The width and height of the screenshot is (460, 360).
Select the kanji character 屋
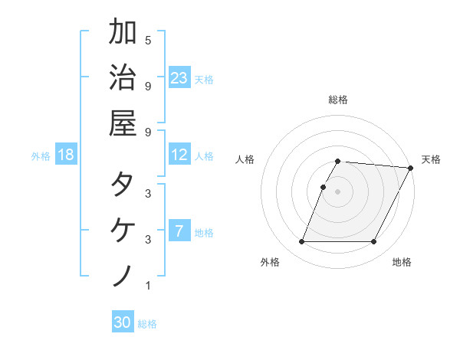[x=123, y=122]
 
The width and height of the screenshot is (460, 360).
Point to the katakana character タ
[x=123, y=185]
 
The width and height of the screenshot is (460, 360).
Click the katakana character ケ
[x=123, y=230]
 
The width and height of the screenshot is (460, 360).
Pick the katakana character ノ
[x=123, y=275]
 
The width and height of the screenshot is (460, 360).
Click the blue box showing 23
[x=179, y=78]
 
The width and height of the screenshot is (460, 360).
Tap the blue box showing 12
[x=179, y=155]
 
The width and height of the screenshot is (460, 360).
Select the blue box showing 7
[x=179, y=231]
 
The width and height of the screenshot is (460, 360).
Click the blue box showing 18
[x=66, y=155]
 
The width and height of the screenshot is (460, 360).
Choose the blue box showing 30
[x=123, y=322]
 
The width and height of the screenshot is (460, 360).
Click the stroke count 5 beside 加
[x=148, y=40]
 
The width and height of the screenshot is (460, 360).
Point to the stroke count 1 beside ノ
[x=148, y=286]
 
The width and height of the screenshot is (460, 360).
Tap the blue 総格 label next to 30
[x=147, y=324]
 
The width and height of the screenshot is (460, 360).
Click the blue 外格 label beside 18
[x=41, y=156]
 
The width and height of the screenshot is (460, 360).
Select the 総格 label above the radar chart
[x=338, y=100]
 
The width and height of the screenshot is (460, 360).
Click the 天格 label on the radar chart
[x=431, y=159]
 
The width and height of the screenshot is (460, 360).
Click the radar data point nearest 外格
[x=301, y=242]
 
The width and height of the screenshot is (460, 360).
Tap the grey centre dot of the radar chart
[x=338, y=191]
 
